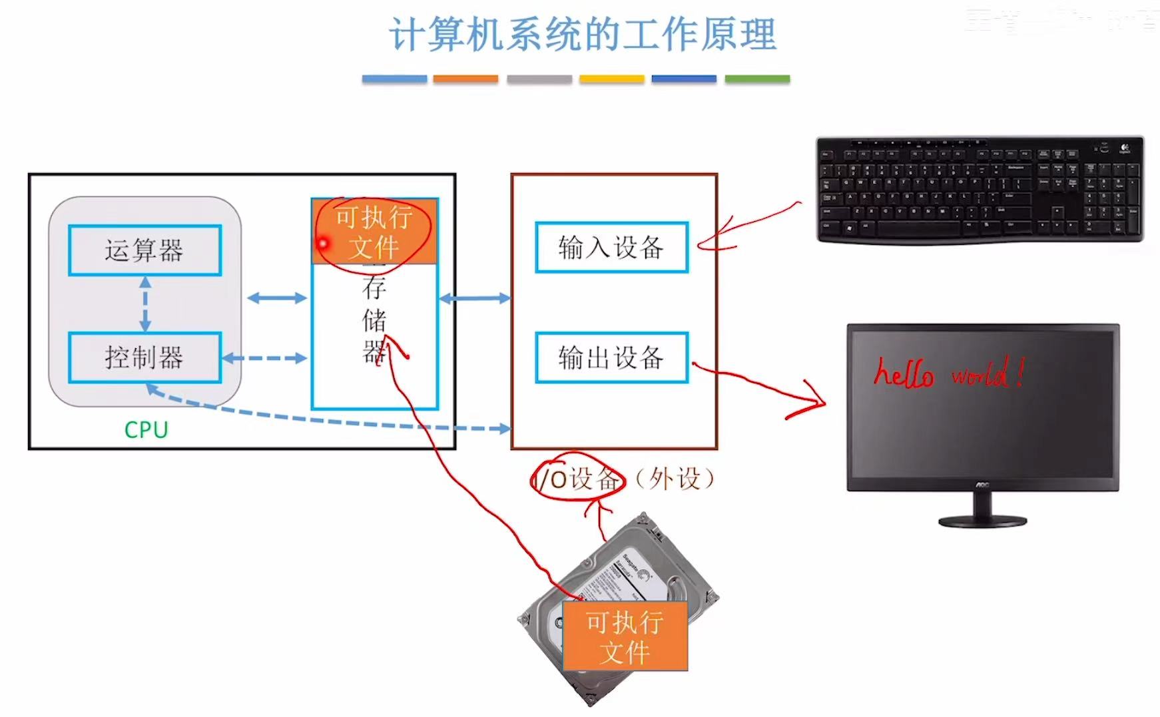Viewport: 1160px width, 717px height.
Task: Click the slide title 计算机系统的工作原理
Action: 583,35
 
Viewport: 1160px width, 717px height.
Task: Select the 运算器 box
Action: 145,250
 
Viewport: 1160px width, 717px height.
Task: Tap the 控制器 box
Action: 145,358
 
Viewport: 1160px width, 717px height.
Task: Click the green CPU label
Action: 146,430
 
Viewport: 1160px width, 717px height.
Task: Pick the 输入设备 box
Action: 611,248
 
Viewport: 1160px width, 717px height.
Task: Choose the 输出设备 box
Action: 611,358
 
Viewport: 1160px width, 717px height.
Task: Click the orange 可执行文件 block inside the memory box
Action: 375,232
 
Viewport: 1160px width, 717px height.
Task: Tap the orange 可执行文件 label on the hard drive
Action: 625,636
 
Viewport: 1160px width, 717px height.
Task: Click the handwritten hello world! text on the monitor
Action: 948,374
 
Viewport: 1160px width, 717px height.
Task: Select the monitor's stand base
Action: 982,521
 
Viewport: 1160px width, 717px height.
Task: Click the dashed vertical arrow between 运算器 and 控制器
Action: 145,304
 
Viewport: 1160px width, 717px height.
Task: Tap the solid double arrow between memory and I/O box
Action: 474,298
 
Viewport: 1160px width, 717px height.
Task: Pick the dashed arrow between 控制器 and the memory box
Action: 264,358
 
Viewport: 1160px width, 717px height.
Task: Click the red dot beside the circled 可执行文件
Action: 323,244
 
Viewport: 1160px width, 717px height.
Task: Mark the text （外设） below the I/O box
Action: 674,479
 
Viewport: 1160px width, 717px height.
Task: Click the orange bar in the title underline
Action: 465,79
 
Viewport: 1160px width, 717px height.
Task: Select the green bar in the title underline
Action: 757,79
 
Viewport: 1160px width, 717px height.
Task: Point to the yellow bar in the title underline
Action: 611,79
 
